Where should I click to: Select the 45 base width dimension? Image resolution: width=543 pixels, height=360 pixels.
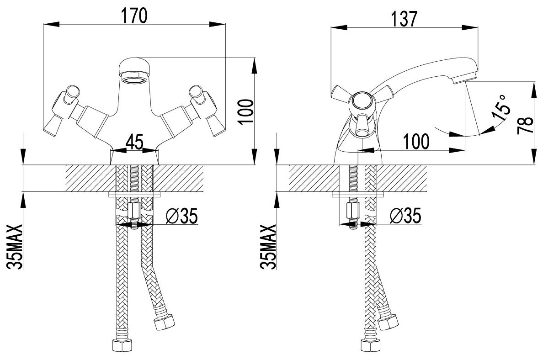(134, 142)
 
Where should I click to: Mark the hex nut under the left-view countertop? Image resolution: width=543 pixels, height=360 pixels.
(134, 211)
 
